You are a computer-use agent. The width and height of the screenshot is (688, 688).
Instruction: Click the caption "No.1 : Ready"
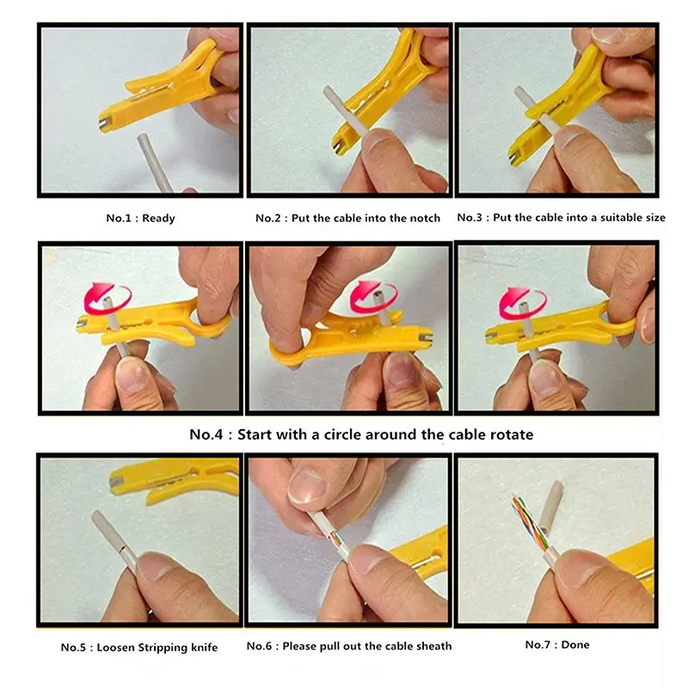click(x=140, y=218)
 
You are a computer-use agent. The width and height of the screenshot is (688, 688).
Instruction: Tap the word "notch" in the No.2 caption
click(x=425, y=218)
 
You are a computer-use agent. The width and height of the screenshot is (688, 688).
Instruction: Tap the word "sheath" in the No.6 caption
click(x=434, y=646)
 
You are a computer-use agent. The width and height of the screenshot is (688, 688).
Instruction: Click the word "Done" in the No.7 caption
click(x=575, y=644)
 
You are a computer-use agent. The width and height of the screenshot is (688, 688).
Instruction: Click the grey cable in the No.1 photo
click(x=155, y=163)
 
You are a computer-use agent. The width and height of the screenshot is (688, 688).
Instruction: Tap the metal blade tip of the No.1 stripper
click(x=104, y=124)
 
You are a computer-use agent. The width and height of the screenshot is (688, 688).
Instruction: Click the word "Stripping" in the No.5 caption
click(x=163, y=648)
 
